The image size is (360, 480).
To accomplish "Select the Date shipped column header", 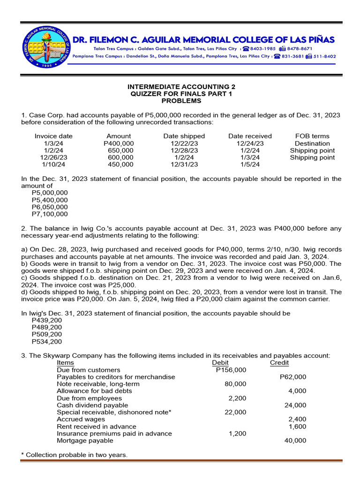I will coord(184,136).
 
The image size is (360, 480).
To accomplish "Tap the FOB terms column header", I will coord(312,136).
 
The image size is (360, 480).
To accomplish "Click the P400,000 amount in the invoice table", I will coord(119,143).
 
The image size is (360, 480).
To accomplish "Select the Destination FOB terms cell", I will coord(312,143).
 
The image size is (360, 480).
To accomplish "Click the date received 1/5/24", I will coord(250,165).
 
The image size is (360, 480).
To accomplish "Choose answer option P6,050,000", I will coord(50,207).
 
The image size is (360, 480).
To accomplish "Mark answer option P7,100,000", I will coord(50,214).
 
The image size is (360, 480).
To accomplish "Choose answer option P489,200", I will coord(47,327).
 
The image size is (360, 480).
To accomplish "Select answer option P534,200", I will coord(47,341).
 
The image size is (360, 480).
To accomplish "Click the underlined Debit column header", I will coord(220,363).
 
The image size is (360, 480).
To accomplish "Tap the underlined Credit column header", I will coord(279,363).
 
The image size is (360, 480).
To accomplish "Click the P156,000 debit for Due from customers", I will coord(231,370).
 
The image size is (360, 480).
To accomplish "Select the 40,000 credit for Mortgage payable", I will coord(295,441).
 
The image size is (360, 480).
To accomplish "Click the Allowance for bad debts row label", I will coord(94,391).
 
